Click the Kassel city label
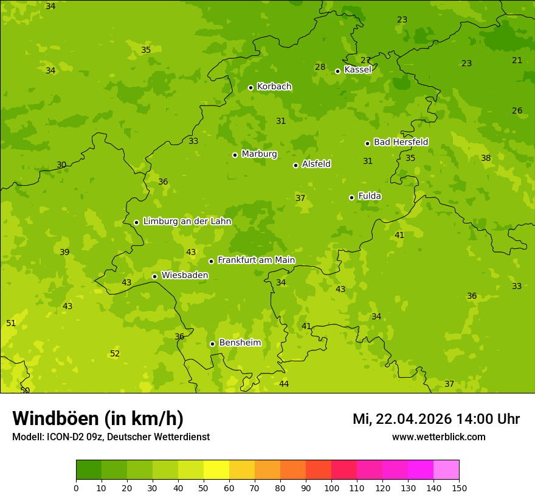click(x=357, y=70)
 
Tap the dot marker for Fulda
click(x=351, y=197)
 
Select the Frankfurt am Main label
click(x=256, y=260)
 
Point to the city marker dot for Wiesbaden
click(x=154, y=276)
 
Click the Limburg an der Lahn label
click(x=187, y=222)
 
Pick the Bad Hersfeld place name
click(x=401, y=142)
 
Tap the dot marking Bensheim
click(x=212, y=344)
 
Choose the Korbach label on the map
click(x=274, y=87)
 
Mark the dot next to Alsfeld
click(x=295, y=165)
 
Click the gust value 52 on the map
click(x=115, y=354)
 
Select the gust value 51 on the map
click(x=11, y=324)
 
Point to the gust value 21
click(x=517, y=60)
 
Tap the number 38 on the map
click(x=486, y=158)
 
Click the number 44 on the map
click(x=284, y=384)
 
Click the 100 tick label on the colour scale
click(x=331, y=488)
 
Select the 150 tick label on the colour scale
click(x=459, y=488)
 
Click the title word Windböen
click(x=55, y=418)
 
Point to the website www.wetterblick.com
click(x=438, y=437)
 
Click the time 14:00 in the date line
click(x=477, y=419)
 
